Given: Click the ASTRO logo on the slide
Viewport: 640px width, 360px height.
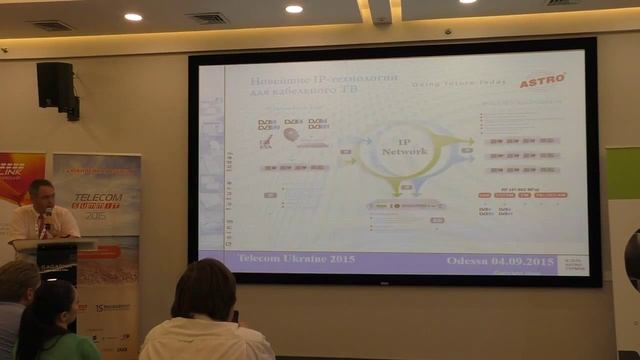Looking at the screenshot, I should tap(543, 80).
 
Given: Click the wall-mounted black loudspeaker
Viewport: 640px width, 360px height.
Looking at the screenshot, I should tap(56, 86).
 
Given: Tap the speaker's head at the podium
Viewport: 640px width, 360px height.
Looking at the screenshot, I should tap(41, 192).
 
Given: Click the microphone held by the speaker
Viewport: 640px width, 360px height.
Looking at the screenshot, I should tap(47, 214).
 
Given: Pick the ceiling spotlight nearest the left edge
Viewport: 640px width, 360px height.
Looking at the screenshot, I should tap(133, 16).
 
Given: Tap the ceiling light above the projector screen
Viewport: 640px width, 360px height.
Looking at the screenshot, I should tap(293, 9).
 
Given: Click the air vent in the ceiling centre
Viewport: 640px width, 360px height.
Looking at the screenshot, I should tap(208, 17).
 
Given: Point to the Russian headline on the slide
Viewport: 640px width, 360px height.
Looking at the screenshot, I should tap(311, 83).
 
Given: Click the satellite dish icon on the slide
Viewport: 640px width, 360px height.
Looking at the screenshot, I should tap(267, 142).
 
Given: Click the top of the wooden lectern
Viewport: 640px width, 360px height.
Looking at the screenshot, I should tap(52, 242).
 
